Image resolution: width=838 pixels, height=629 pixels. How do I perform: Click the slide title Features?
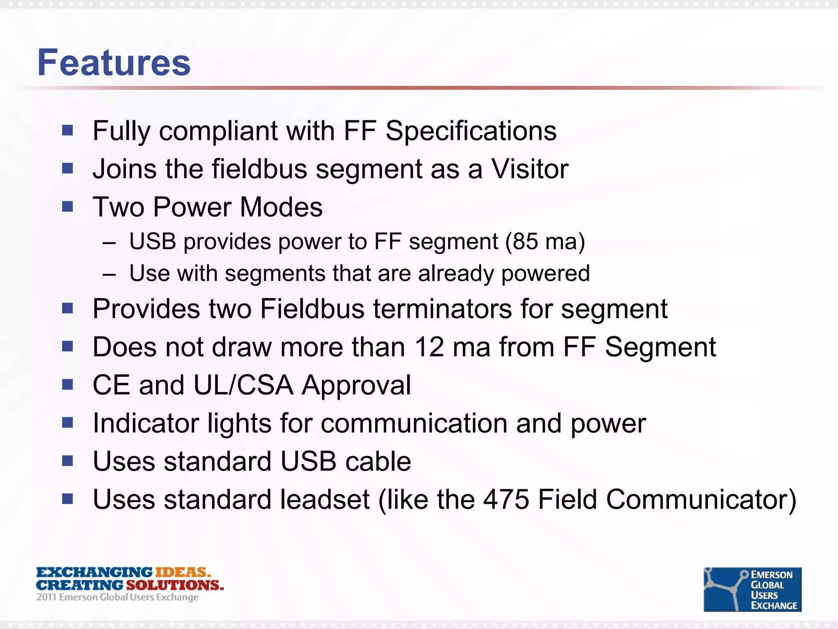pyautogui.click(x=114, y=63)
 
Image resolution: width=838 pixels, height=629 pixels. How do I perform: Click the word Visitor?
pyautogui.click(x=529, y=169)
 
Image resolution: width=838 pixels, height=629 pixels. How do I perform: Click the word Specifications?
pyautogui.click(x=471, y=131)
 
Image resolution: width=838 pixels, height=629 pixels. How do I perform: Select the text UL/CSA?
pyautogui.click(x=243, y=385)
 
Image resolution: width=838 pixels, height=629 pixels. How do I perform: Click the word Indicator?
pyautogui.click(x=146, y=423)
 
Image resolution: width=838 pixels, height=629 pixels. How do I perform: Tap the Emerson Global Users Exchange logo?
pyautogui.click(x=752, y=589)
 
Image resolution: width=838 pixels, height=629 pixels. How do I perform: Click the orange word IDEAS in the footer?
pyautogui.click(x=183, y=572)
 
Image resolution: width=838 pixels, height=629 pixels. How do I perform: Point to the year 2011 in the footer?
pyautogui.click(x=46, y=597)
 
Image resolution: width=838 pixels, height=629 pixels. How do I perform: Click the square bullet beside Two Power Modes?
pyautogui.click(x=68, y=206)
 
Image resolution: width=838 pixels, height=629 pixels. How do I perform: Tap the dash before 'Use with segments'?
pyautogui.click(x=109, y=274)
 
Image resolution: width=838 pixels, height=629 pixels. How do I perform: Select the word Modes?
pyautogui.click(x=281, y=207)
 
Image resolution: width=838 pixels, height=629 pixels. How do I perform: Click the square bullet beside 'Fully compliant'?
pyautogui.click(x=68, y=131)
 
